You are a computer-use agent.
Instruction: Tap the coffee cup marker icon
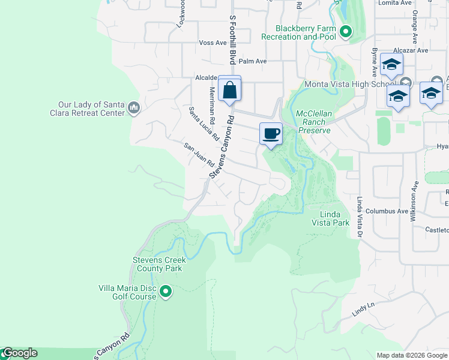[x=271, y=133]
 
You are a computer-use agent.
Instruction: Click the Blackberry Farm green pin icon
[x=345, y=32]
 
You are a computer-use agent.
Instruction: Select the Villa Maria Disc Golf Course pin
[x=166, y=292]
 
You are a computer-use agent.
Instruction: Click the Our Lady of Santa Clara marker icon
[x=133, y=109]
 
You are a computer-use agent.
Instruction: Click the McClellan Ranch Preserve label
[x=314, y=121]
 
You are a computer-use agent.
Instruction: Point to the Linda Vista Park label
[x=330, y=218]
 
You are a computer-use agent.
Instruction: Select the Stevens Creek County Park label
[x=159, y=264]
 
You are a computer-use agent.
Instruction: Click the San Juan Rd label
[x=199, y=155]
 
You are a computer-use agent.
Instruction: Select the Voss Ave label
[x=213, y=43]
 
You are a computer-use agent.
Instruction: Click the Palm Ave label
[x=252, y=61]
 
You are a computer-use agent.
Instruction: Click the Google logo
[x=19, y=353]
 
